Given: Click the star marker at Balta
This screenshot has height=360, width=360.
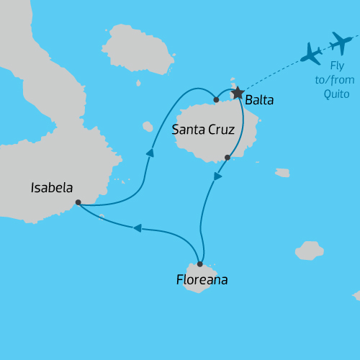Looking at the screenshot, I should (x=237, y=94).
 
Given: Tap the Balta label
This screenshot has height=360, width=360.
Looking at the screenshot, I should (x=259, y=100).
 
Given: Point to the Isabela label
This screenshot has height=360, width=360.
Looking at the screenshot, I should (x=52, y=188).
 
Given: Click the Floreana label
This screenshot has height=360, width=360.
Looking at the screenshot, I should (x=202, y=279).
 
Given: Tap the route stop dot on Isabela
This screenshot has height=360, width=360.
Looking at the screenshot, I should (x=78, y=202).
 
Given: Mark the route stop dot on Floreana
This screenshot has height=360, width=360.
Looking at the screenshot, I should (x=199, y=264).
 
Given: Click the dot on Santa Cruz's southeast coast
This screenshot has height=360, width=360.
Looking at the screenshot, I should (x=228, y=157).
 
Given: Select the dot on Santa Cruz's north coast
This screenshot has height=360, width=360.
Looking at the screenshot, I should (x=216, y=99).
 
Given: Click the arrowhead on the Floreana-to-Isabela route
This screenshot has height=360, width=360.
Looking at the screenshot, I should (x=138, y=228).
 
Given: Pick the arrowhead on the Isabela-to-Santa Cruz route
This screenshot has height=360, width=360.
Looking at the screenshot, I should (x=150, y=153).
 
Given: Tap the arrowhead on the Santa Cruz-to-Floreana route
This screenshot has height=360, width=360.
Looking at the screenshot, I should (x=217, y=176).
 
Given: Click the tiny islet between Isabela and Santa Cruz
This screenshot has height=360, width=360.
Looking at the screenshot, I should (x=148, y=127).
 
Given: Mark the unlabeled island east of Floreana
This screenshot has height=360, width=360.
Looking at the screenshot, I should (x=310, y=250).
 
